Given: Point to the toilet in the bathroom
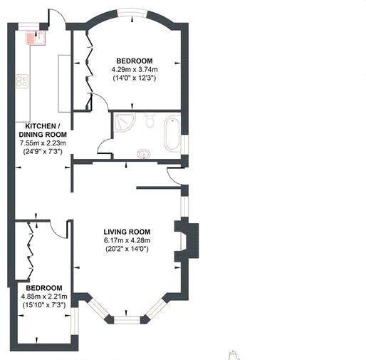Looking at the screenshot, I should click(149, 121).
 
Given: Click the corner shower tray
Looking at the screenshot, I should click(125, 123).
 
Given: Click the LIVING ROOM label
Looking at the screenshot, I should click(127, 231).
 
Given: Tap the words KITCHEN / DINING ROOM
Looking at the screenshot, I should click(43, 130).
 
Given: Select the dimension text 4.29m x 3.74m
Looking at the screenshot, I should click(134, 69).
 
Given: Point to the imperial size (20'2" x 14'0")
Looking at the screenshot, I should click(127, 249).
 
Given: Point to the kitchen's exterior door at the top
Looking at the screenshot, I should click(56, 18).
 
